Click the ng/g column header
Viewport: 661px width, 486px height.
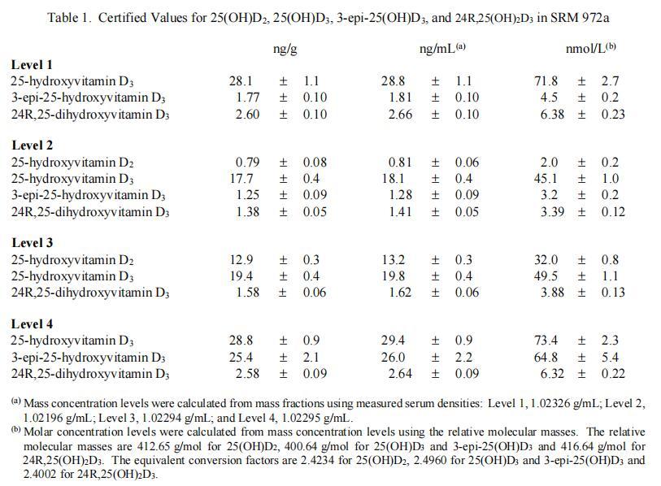point(285,50)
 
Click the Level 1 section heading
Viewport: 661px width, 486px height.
point(33,65)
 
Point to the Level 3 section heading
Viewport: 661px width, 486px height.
point(33,243)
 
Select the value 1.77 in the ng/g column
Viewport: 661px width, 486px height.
point(246,98)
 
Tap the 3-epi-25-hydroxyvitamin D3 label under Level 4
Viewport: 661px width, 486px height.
point(88,358)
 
